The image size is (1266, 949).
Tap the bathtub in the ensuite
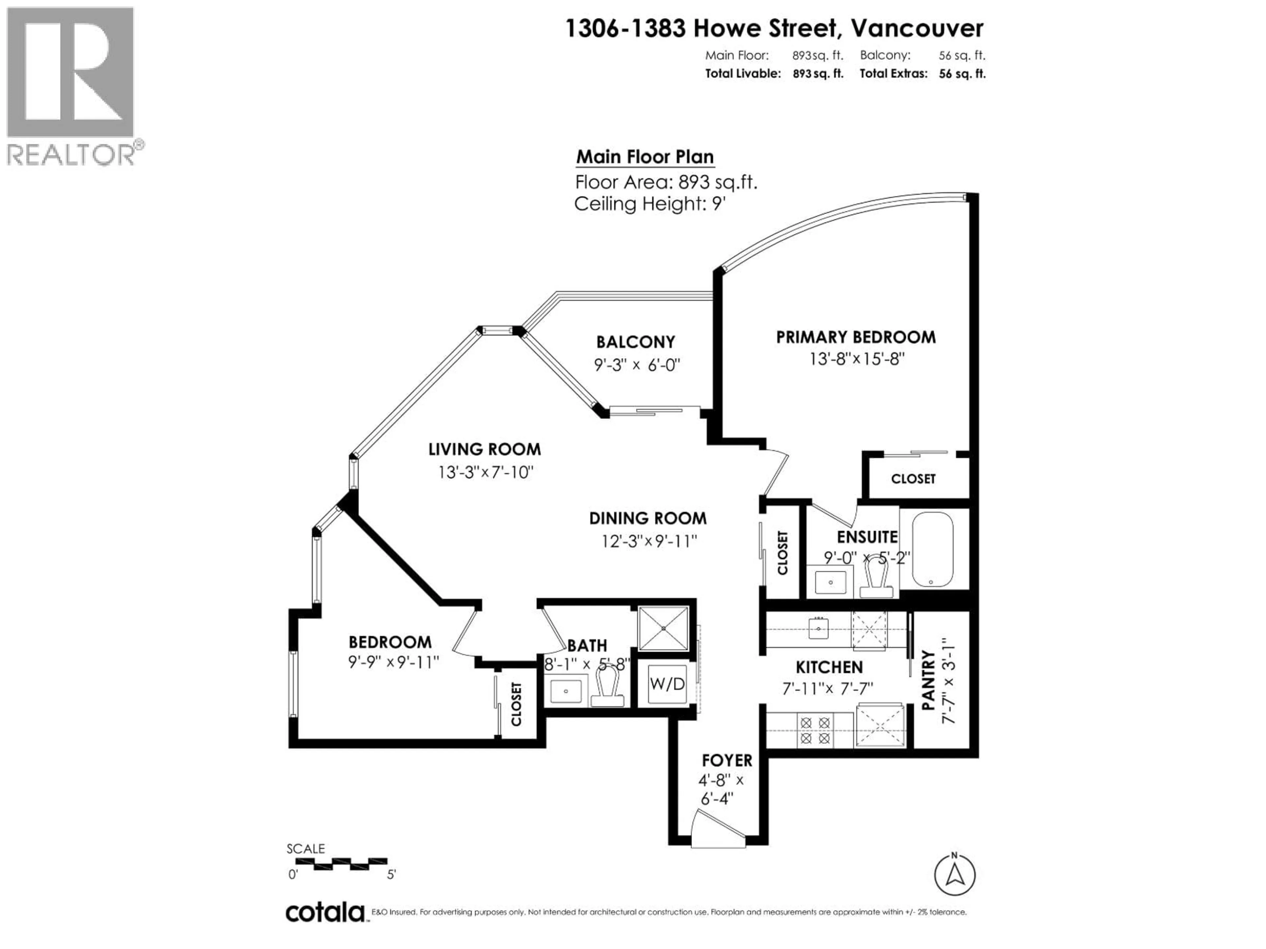point(932,550)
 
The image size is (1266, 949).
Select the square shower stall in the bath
point(663,629)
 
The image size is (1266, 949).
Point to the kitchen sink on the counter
point(818,629)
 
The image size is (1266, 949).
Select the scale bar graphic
point(350,863)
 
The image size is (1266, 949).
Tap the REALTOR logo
point(72,86)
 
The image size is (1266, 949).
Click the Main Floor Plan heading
point(645,157)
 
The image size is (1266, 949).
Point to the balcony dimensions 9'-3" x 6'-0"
point(636,364)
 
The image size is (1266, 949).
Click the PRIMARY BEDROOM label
point(856,337)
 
